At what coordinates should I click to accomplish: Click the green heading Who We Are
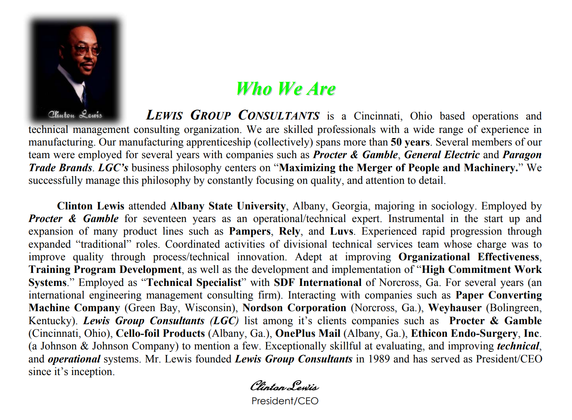click(x=286, y=89)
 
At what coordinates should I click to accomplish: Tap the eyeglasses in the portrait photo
click(x=87, y=50)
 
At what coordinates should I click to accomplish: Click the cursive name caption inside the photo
click(x=75, y=115)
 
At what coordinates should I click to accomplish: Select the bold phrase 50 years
click(x=410, y=142)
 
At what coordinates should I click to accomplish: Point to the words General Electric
click(x=441, y=155)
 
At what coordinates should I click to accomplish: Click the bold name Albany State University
click(x=228, y=206)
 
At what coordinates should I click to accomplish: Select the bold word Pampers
click(x=250, y=231)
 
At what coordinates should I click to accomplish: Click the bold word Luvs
click(x=342, y=231)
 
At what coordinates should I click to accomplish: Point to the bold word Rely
click(x=290, y=231)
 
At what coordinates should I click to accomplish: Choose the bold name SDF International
click(x=318, y=282)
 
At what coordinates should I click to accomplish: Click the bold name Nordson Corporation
click(x=294, y=308)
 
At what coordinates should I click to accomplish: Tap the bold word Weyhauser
click(x=454, y=308)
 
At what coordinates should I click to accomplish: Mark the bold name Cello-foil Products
click(x=160, y=333)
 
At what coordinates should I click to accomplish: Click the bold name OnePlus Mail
click(x=308, y=333)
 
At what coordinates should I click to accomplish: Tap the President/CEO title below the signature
click(x=285, y=401)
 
